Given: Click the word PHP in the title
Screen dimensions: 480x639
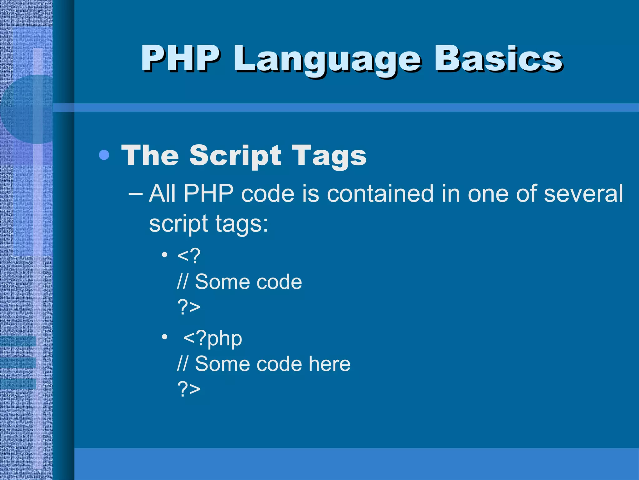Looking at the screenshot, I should pyautogui.click(x=180, y=58).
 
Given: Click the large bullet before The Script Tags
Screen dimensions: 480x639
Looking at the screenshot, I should pyautogui.click(x=104, y=155).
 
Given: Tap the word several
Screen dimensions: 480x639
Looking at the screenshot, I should pyautogui.click(x=583, y=193).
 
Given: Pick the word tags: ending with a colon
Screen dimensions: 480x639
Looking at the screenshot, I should pyautogui.click(x=241, y=224).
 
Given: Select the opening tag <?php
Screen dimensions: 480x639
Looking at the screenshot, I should pyautogui.click(x=212, y=338).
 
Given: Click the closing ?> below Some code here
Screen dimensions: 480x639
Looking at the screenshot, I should pyautogui.click(x=188, y=389).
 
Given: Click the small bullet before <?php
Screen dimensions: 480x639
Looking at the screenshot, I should pyautogui.click(x=164, y=337).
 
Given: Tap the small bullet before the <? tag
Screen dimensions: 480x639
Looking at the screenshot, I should pyautogui.click(x=164, y=254).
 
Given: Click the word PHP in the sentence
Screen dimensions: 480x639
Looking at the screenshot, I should pyautogui.click(x=208, y=193).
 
